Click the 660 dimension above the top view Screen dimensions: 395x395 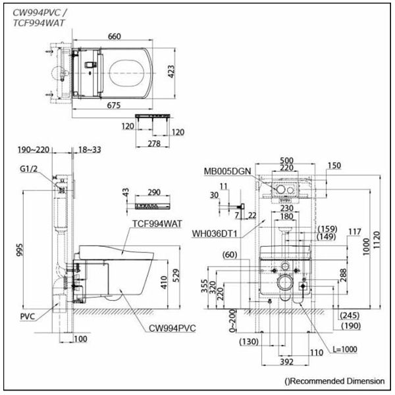click(x=115, y=36)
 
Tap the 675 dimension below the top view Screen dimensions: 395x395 click(x=114, y=105)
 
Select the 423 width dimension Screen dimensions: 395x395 click(x=171, y=72)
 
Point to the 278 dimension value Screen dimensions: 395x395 click(x=154, y=144)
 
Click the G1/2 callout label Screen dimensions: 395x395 click(x=28, y=169)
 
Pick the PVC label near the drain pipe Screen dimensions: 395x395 click(x=28, y=317)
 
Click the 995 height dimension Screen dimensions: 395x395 click(x=19, y=250)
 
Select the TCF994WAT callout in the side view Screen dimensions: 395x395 click(x=157, y=224)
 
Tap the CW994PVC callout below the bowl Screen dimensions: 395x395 click(x=172, y=329)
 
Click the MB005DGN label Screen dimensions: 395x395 click(x=227, y=171)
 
